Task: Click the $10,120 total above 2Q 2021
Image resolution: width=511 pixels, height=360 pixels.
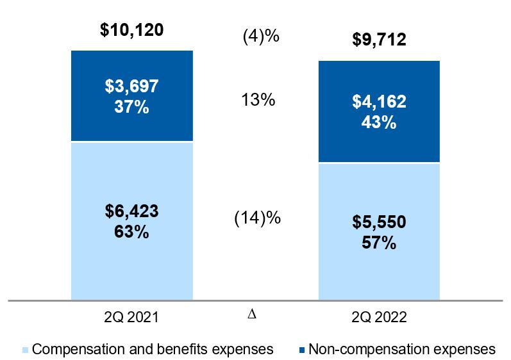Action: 132,29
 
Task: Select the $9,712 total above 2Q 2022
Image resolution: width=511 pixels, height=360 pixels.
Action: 380,41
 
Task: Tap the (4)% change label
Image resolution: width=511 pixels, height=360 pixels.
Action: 261,37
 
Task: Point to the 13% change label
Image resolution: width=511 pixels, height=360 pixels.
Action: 259,100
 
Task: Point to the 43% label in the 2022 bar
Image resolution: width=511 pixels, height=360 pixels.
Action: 380,122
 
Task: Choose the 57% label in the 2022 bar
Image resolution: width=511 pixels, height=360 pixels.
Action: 380,243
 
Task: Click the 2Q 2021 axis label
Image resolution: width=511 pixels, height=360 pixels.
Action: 132,316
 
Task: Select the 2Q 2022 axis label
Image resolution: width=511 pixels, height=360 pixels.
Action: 380,316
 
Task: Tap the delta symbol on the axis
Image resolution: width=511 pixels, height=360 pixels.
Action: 251,315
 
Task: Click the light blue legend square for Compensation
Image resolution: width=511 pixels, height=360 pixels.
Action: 26,350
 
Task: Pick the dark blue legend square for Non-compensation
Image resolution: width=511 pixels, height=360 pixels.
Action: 302,350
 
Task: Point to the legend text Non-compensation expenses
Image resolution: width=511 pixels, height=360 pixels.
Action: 402,349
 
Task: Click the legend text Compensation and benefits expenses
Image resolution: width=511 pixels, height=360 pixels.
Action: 153,349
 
